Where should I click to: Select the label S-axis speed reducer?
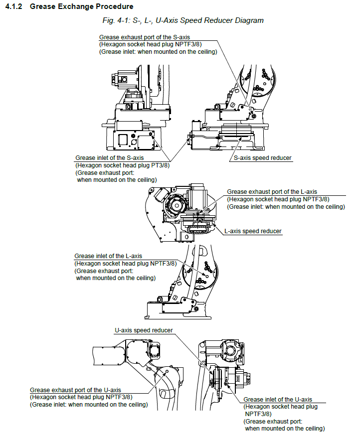(263, 158)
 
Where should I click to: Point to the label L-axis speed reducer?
(253, 231)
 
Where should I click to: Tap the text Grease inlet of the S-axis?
(109, 158)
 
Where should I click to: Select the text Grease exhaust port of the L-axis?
(272, 192)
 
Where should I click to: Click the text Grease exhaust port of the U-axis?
(75, 390)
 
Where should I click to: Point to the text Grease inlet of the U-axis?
(278, 400)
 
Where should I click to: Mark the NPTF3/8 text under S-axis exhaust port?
(189, 44)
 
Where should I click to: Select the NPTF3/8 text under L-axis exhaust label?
(317, 199)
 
